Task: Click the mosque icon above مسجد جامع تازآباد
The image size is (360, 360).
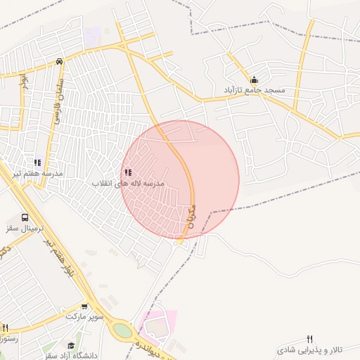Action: pos(254,79)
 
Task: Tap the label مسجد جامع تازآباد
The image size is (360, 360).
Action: pos(255,91)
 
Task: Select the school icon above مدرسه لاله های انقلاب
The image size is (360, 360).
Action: pos(127,172)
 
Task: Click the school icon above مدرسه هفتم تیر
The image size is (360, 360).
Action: pos(38,162)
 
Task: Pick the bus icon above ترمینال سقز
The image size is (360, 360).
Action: pos(25,218)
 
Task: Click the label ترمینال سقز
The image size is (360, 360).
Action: pos(25,229)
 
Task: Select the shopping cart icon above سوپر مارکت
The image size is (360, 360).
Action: pos(85,306)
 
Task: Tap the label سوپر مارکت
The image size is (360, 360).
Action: pos(85,316)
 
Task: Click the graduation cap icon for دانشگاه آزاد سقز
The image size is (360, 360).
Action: pos(70,345)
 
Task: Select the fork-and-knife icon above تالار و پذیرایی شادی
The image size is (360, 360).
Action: pos(310,340)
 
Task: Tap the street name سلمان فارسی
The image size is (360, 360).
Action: pos(53,106)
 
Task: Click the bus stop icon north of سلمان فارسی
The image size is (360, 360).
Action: pos(60,60)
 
